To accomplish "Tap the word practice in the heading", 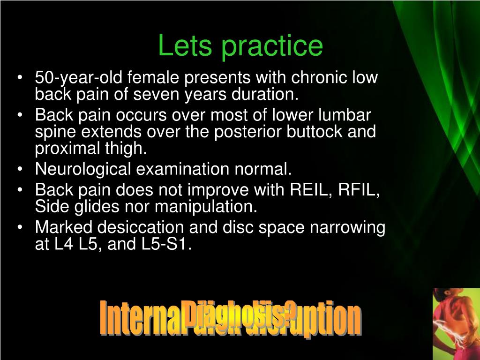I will click(x=272, y=46).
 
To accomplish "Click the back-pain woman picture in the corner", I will click(x=456, y=323).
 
